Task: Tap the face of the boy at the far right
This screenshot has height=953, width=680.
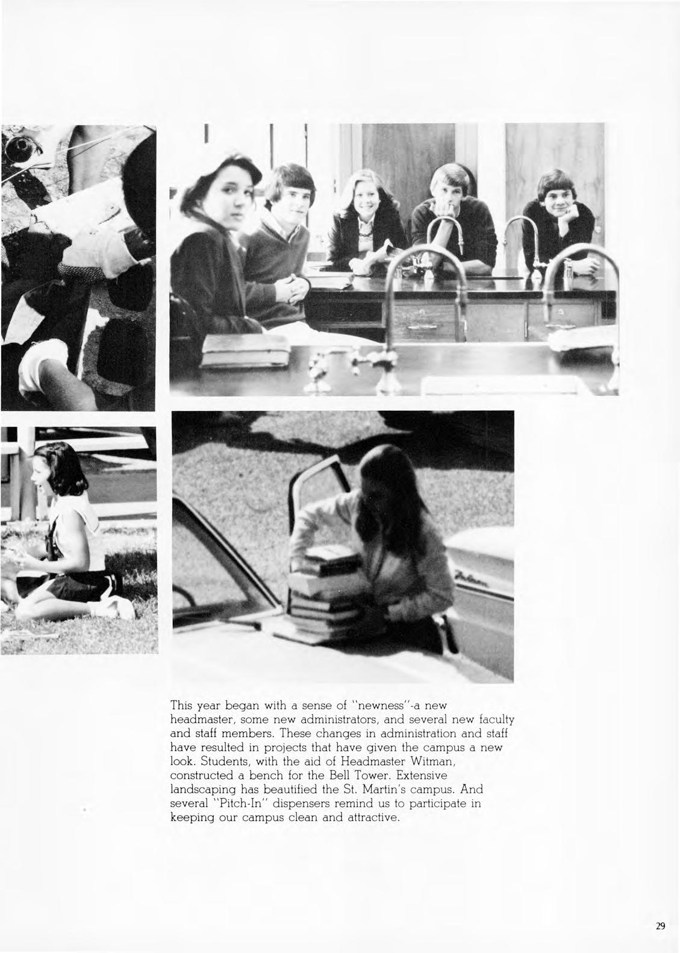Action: click(556, 199)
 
